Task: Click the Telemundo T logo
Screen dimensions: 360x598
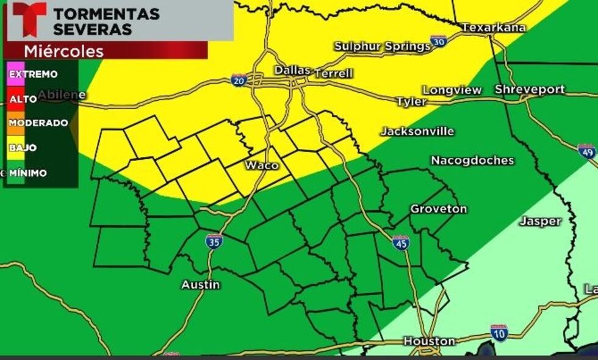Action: point(29,18)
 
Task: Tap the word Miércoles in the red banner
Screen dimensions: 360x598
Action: point(63,51)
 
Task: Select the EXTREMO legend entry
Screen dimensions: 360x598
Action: point(33,74)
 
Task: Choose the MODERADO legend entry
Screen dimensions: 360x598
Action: point(38,123)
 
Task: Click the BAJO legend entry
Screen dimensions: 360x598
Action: point(23,148)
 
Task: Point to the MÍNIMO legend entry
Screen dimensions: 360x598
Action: point(27,173)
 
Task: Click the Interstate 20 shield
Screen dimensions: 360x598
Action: point(239,79)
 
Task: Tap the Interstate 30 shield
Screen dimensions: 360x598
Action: point(438,41)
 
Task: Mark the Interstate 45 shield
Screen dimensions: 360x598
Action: point(401,242)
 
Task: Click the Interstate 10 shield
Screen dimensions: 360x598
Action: point(499,333)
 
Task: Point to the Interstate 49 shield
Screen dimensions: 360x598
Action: point(586,151)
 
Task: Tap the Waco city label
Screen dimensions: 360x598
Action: point(262,165)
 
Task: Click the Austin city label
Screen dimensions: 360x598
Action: point(201,285)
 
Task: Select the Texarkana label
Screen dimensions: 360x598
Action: point(485,27)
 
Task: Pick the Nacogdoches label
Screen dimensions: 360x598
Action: point(472,160)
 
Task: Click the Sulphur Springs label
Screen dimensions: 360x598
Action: point(382,46)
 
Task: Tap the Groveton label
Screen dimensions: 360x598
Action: point(438,209)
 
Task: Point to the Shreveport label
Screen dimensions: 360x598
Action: point(529,89)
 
